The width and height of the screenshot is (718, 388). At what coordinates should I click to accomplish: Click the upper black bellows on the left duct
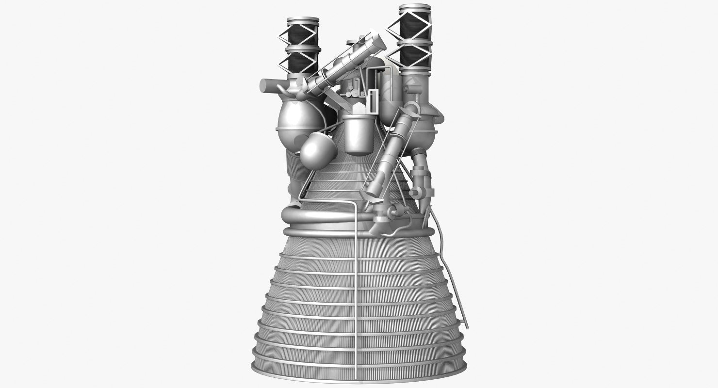click(x=303, y=35)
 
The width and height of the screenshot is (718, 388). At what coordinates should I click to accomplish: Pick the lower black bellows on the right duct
click(x=415, y=56)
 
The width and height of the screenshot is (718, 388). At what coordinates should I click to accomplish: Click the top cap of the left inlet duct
click(x=303, y=20)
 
